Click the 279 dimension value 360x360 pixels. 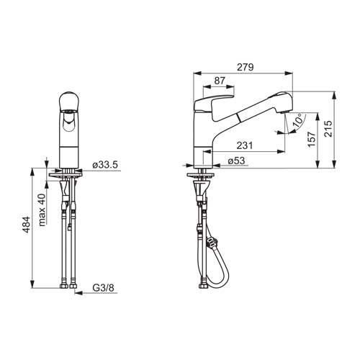tap(245, 67)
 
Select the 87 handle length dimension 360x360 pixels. tap(220, 81)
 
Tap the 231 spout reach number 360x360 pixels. tap(245, 145)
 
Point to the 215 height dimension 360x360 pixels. tap(328, 129)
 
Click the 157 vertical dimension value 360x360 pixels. tap(311, 140)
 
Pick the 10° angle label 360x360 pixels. tap(298, 121)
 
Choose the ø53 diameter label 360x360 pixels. tap(236, 161)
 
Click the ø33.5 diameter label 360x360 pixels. tap(105, 165)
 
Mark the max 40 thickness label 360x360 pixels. tap(42, 210)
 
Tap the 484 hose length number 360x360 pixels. tap(26, 225)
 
